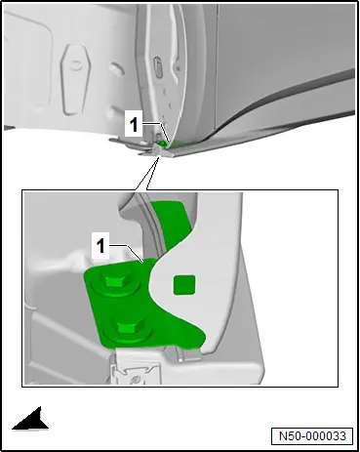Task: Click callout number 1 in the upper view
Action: coord(134,124)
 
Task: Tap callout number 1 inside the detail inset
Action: coord(100,245)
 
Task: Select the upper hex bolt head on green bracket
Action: coord(115,280)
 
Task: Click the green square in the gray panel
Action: coord(184,285)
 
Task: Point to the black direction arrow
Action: coord(30,419)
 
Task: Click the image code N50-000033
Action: coord(312,436)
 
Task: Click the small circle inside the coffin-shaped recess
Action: coord(76,65)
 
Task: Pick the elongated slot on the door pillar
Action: coord(158,67)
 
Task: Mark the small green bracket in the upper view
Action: coord(163,144)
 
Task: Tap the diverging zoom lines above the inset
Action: coord(147,173)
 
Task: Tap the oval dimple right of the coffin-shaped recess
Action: coord(117,68)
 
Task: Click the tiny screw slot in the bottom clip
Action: coord(136,380)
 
